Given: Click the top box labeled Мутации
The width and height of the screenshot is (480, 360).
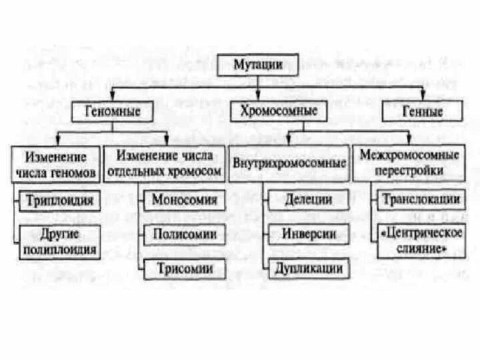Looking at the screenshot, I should (257, 65).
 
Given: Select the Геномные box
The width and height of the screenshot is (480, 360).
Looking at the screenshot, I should (112, 111).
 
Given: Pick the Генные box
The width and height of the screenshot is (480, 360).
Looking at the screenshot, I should (422, 111).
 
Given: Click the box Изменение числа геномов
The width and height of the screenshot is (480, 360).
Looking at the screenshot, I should (56, 165).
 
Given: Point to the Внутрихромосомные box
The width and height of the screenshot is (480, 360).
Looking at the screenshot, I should (289, 163).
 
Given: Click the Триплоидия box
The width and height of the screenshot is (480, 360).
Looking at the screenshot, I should (59, 199).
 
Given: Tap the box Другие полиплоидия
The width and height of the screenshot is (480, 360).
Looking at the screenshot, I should (59, 243).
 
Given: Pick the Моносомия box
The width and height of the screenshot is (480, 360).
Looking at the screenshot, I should (185, 199).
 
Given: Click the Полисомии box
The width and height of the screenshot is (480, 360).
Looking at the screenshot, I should (185, 234).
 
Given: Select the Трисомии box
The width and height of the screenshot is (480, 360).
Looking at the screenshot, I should (185, 269).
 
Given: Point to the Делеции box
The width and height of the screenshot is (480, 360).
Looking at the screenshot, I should (308, 199).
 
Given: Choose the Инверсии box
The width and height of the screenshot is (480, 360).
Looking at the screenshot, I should (308, 233).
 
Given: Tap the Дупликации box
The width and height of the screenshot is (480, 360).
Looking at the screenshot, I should (308, 269).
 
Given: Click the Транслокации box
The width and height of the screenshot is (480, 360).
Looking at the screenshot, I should (420, 199).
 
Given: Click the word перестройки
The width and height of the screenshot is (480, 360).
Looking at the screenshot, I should (409, 171).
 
